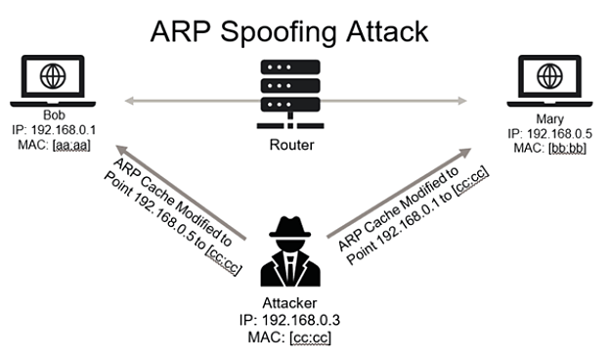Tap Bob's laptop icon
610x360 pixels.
(x=51, y=77)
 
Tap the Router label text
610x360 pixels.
(x=290, y=145)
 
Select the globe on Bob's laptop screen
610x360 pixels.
(x=51, y=73)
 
